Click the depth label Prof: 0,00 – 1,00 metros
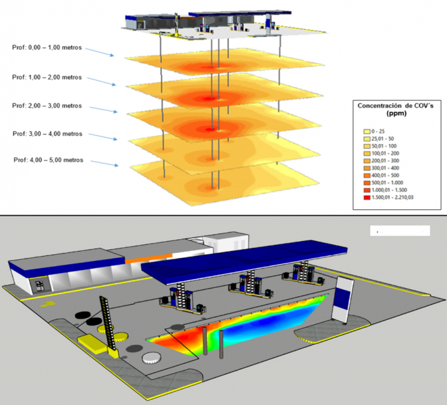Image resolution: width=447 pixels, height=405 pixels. coord(47,47)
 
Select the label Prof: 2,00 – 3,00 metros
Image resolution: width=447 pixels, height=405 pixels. coord(47,106)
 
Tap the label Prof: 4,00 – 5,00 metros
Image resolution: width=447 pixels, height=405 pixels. coord(49,160)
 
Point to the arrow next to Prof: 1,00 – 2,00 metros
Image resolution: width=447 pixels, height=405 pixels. coord(102,81)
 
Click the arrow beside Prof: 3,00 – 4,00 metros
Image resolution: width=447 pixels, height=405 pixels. coord(103,136)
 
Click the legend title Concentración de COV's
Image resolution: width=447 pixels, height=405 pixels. coord(395,109)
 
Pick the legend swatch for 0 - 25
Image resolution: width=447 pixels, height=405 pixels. coord(367,132)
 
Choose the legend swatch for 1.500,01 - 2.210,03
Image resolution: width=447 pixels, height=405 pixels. coord(367,197)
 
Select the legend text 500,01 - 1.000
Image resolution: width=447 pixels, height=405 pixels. coord(387,183)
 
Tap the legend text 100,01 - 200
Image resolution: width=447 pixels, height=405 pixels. coord(385,154)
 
